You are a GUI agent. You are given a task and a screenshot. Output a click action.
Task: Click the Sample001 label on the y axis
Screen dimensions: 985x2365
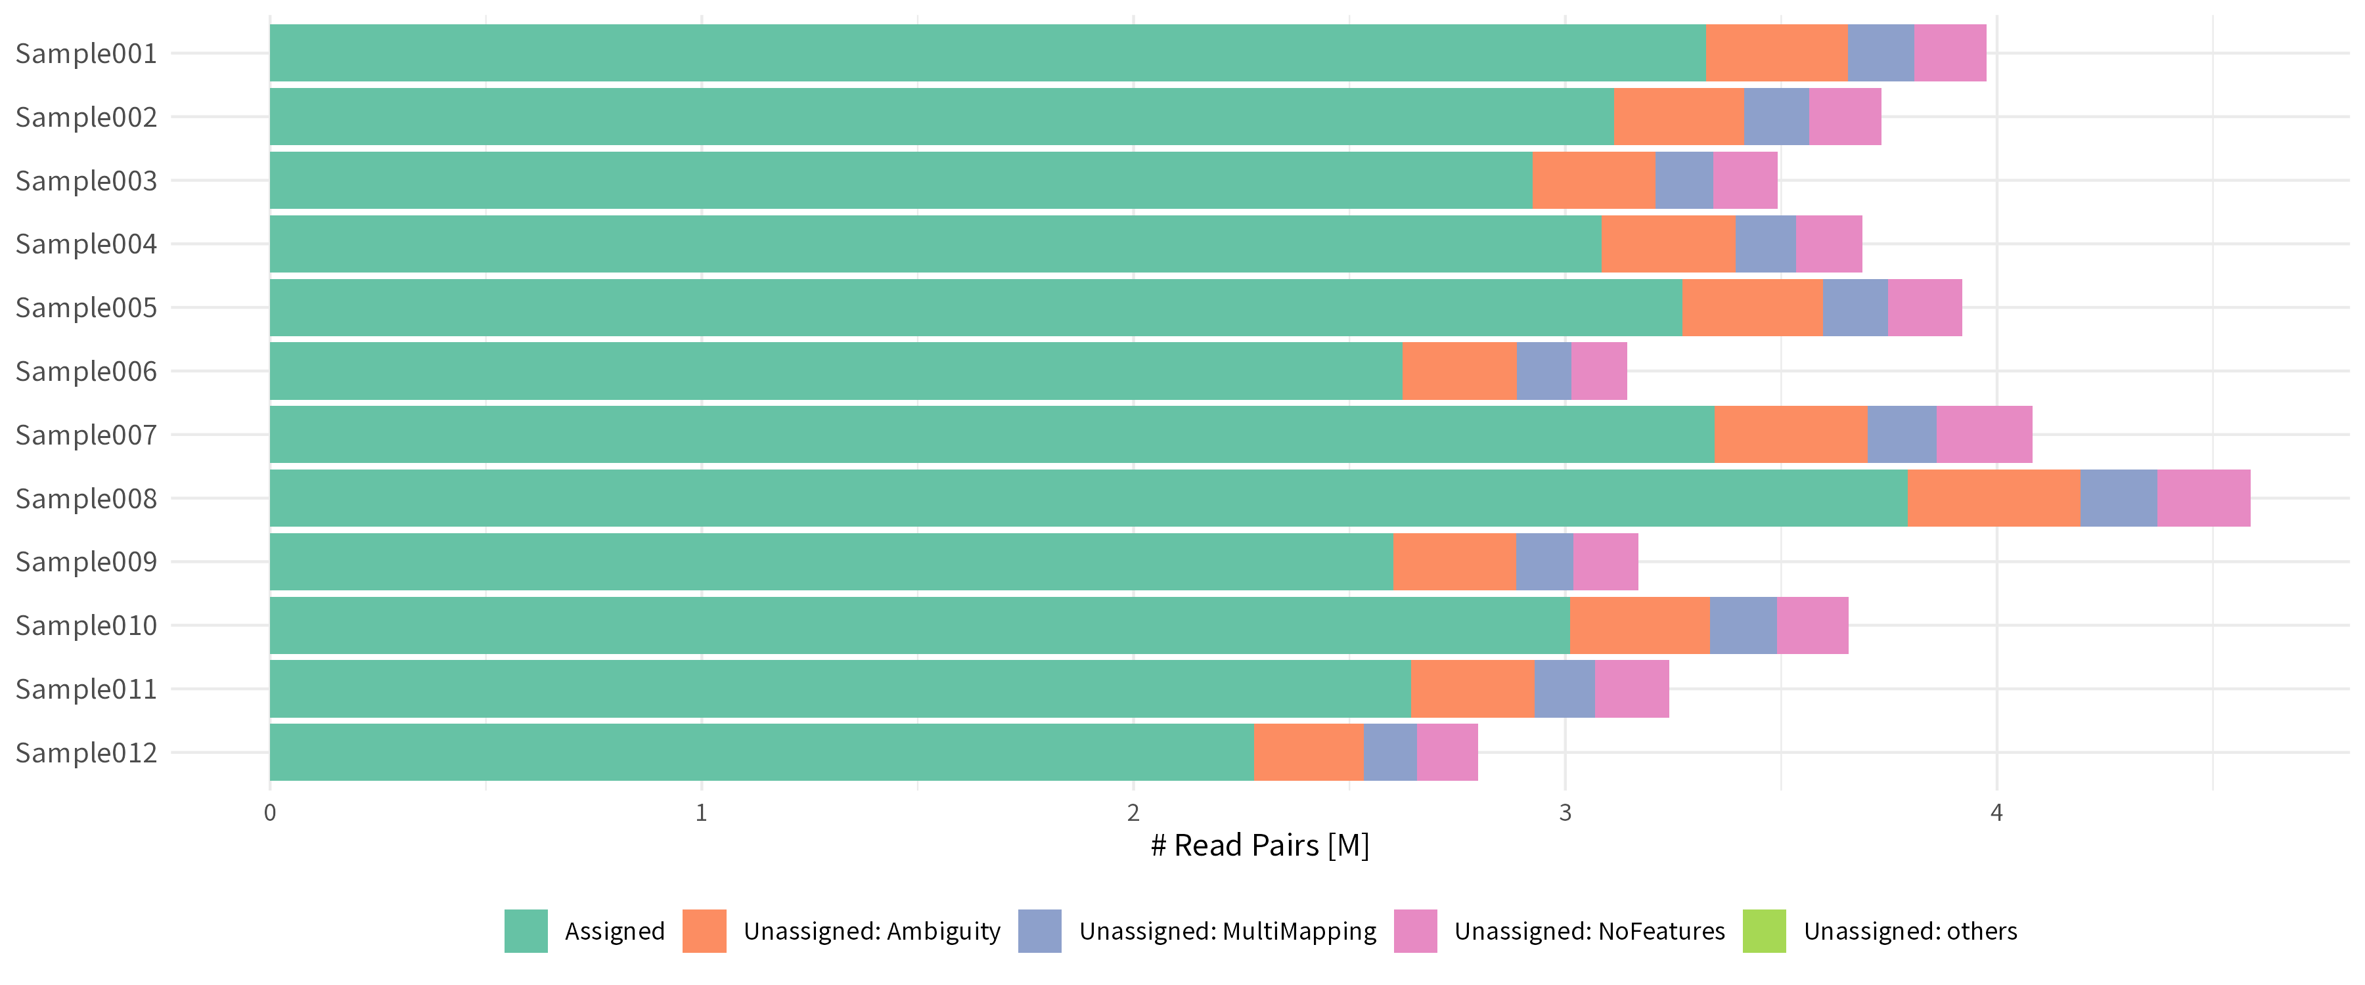pyautogui.click(x=86, y=53)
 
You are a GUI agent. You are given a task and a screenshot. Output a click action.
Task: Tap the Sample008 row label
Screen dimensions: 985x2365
pyautogui.click(x=86, y=498)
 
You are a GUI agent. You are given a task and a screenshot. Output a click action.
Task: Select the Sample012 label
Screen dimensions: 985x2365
pyautogui.click(x=86, y=753)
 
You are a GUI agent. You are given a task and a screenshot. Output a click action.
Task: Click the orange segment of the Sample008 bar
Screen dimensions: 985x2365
pyautogui.click(x=1993, y=498)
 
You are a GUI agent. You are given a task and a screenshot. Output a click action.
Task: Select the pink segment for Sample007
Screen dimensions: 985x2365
pyautogui.click(x=1984, y=434)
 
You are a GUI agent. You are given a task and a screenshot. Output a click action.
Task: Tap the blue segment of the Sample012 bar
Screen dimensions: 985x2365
pyautogui.click(x=1390, y=753)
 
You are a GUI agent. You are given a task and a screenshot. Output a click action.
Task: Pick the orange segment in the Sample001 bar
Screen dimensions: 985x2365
pyautogui.click(x=1776, y=53)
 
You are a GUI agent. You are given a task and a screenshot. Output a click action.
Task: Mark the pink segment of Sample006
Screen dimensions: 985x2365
pyautogui.click(x=1598, y=371)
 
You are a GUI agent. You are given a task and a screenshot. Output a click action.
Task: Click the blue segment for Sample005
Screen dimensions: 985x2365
pyautogui.click(x=1855, y=307)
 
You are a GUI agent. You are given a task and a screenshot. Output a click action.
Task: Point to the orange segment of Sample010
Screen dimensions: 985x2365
pyautogui.click(x=1640, y=625)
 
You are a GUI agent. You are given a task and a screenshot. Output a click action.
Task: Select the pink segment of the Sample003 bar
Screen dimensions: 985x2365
pyautogui.click(x=1744, y=180)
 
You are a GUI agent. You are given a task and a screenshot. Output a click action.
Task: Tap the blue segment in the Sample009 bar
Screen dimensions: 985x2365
pyautogui.click(x=1544, y=562)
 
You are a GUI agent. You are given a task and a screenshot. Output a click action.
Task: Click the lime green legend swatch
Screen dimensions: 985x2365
pyautogui.click(x=1764, y=931)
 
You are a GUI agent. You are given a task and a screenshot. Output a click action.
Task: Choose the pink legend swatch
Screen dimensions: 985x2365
pyautogui.click(x=1415, y=931)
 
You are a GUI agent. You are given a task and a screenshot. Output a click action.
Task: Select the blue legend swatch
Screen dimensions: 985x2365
pyautogui.click(x=1039, y=931)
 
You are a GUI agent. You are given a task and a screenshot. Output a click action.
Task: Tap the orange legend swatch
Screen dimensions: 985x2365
pyautogui.click(x=704, y=931)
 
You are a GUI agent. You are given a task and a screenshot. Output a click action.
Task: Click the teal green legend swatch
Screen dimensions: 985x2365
pyautogui.click(x=526, y=931)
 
